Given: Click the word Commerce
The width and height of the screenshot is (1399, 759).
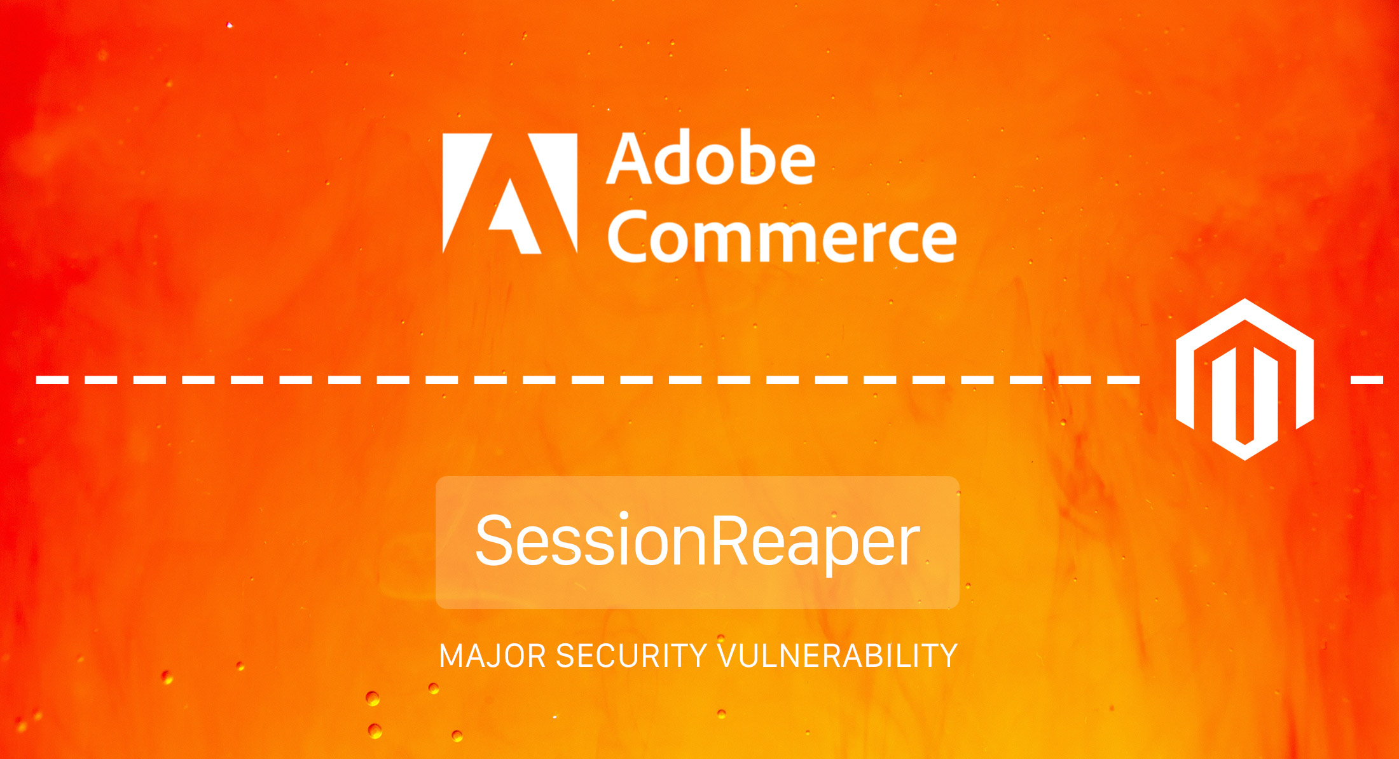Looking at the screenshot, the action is click(782, 236).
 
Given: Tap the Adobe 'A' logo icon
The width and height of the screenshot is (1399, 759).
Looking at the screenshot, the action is click(510, 193).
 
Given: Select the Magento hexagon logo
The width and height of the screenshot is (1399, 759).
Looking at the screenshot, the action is click(1244, 379).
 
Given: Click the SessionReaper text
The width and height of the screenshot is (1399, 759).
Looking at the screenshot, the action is click(698, 540).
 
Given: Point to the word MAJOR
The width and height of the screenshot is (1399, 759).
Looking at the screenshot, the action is click(493, 655).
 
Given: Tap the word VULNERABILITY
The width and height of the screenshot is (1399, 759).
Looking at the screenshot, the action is click(837, 655).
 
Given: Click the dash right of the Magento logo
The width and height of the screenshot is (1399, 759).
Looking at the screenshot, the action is click(1367, 380).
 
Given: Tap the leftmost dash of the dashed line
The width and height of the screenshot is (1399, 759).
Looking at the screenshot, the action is click(52, 380).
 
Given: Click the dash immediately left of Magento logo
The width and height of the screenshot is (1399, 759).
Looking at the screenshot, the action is click(1124, 380).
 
